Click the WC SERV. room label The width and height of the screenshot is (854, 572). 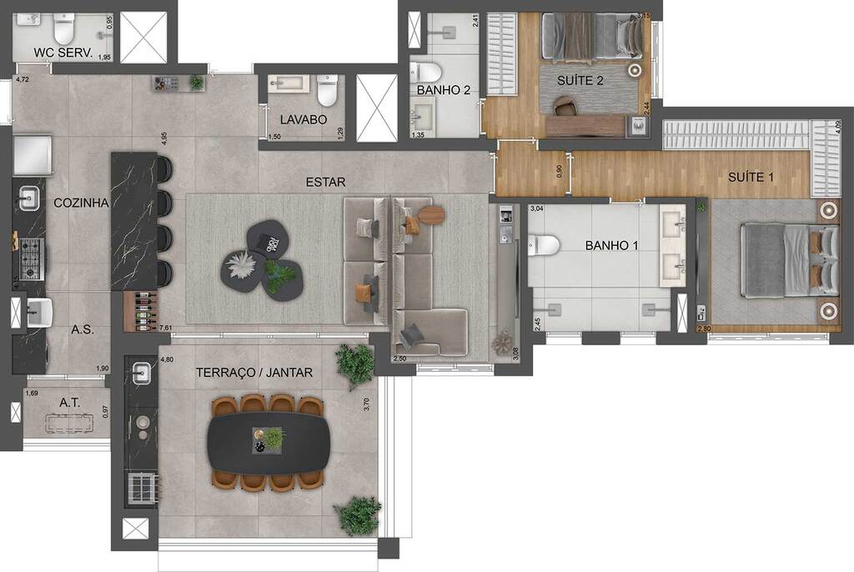point(61,53)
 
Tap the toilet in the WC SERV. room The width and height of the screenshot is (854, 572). point(64,30)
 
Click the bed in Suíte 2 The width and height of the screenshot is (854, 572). point(590,36)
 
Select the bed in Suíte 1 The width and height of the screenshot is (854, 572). point(788,260)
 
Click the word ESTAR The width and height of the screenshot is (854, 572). point(324,181)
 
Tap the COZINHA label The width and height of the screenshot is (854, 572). point(82,202)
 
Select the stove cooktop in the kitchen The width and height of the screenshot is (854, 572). point(30,258)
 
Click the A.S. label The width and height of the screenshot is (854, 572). point(82,329)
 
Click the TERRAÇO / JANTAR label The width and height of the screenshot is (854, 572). point(254,373)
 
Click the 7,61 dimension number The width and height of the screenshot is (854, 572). point(165,329)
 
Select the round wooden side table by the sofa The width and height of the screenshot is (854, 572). point(431,214)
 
